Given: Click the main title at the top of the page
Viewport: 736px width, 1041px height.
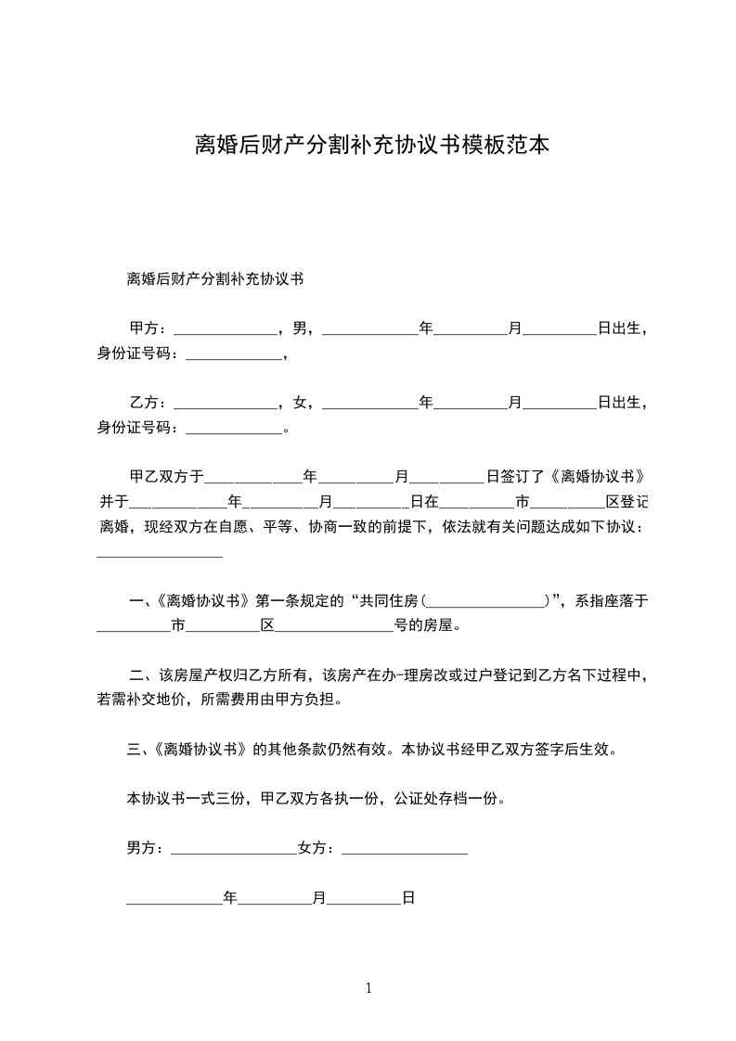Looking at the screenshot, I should (368, 146).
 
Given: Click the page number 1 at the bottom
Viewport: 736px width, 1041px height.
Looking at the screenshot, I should (368, 988).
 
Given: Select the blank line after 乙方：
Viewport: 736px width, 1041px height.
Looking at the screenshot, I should (226, 405).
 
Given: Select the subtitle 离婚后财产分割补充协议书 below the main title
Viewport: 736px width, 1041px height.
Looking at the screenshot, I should (215, 277).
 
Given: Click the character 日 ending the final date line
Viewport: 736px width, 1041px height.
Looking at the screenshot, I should (407, 898).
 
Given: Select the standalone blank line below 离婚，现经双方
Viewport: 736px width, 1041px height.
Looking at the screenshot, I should (160, 555).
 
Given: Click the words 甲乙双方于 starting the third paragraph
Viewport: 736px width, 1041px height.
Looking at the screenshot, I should (166, 477).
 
